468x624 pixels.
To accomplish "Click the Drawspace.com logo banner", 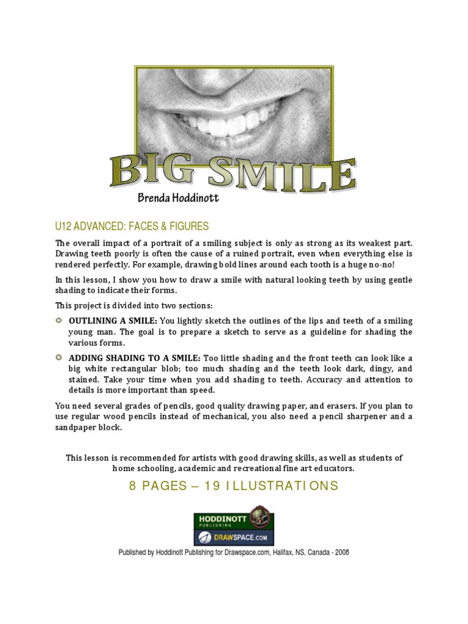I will (234, 537).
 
